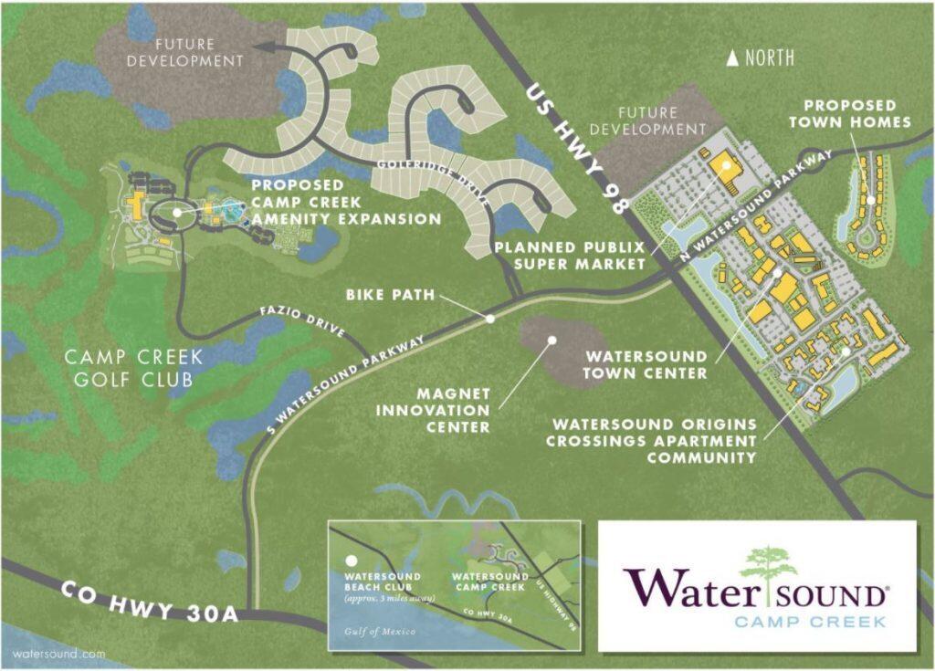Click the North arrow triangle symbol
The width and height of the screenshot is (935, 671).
pyautogui.click(x=732, y=58)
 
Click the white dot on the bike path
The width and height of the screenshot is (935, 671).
pyautogui.click(x=490, y=319)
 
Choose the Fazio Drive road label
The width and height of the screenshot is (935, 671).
pyautogui.click(x=308, y=321)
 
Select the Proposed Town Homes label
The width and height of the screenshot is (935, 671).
pyautogui.click(x=857, y=114)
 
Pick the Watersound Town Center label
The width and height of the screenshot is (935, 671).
pyautogui.click(x=646, y=364)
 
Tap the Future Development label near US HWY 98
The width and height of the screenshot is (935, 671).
pyautogui.click(x=649, y=121)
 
